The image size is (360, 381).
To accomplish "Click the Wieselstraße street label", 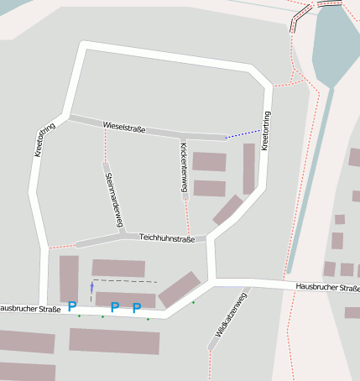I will pyautogui.click(x=124, y=128).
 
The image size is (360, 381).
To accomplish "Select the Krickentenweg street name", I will pyautogui.click(x=184, y=168).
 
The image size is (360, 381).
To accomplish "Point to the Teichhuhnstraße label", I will pyautogui.click(x=167, y=238).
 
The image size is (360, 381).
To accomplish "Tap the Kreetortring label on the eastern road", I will pyautogui.click(x=265, y=131).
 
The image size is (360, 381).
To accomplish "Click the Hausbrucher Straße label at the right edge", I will pyautogui.click(x=327, y=288).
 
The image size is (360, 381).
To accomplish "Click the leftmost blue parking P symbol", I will pyautogui.click(x=72, y=307).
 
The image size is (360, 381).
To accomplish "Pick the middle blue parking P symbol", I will pyautogui.click(x=115, y=307).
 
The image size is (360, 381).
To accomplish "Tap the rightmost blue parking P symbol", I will pyautogui.click(x=136, y=308).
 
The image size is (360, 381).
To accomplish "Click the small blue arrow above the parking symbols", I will pyautogui.click(x=92, y=288).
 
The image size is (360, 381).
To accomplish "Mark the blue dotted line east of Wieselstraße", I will pyautogui.click(x=243, y=133).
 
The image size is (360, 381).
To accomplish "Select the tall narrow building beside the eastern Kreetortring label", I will pyautogui.click(x=248, y=168).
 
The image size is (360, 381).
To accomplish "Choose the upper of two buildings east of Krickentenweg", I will pyautogui.click(x=209, y=162).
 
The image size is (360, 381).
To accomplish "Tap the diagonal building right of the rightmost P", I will pyautogui.click(x=180, y=289).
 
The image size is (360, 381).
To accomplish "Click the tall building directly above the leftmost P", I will pyautogui.click(x=69, y=278).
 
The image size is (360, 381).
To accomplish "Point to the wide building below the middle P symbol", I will pyautogui.click(x=114, y=341).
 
